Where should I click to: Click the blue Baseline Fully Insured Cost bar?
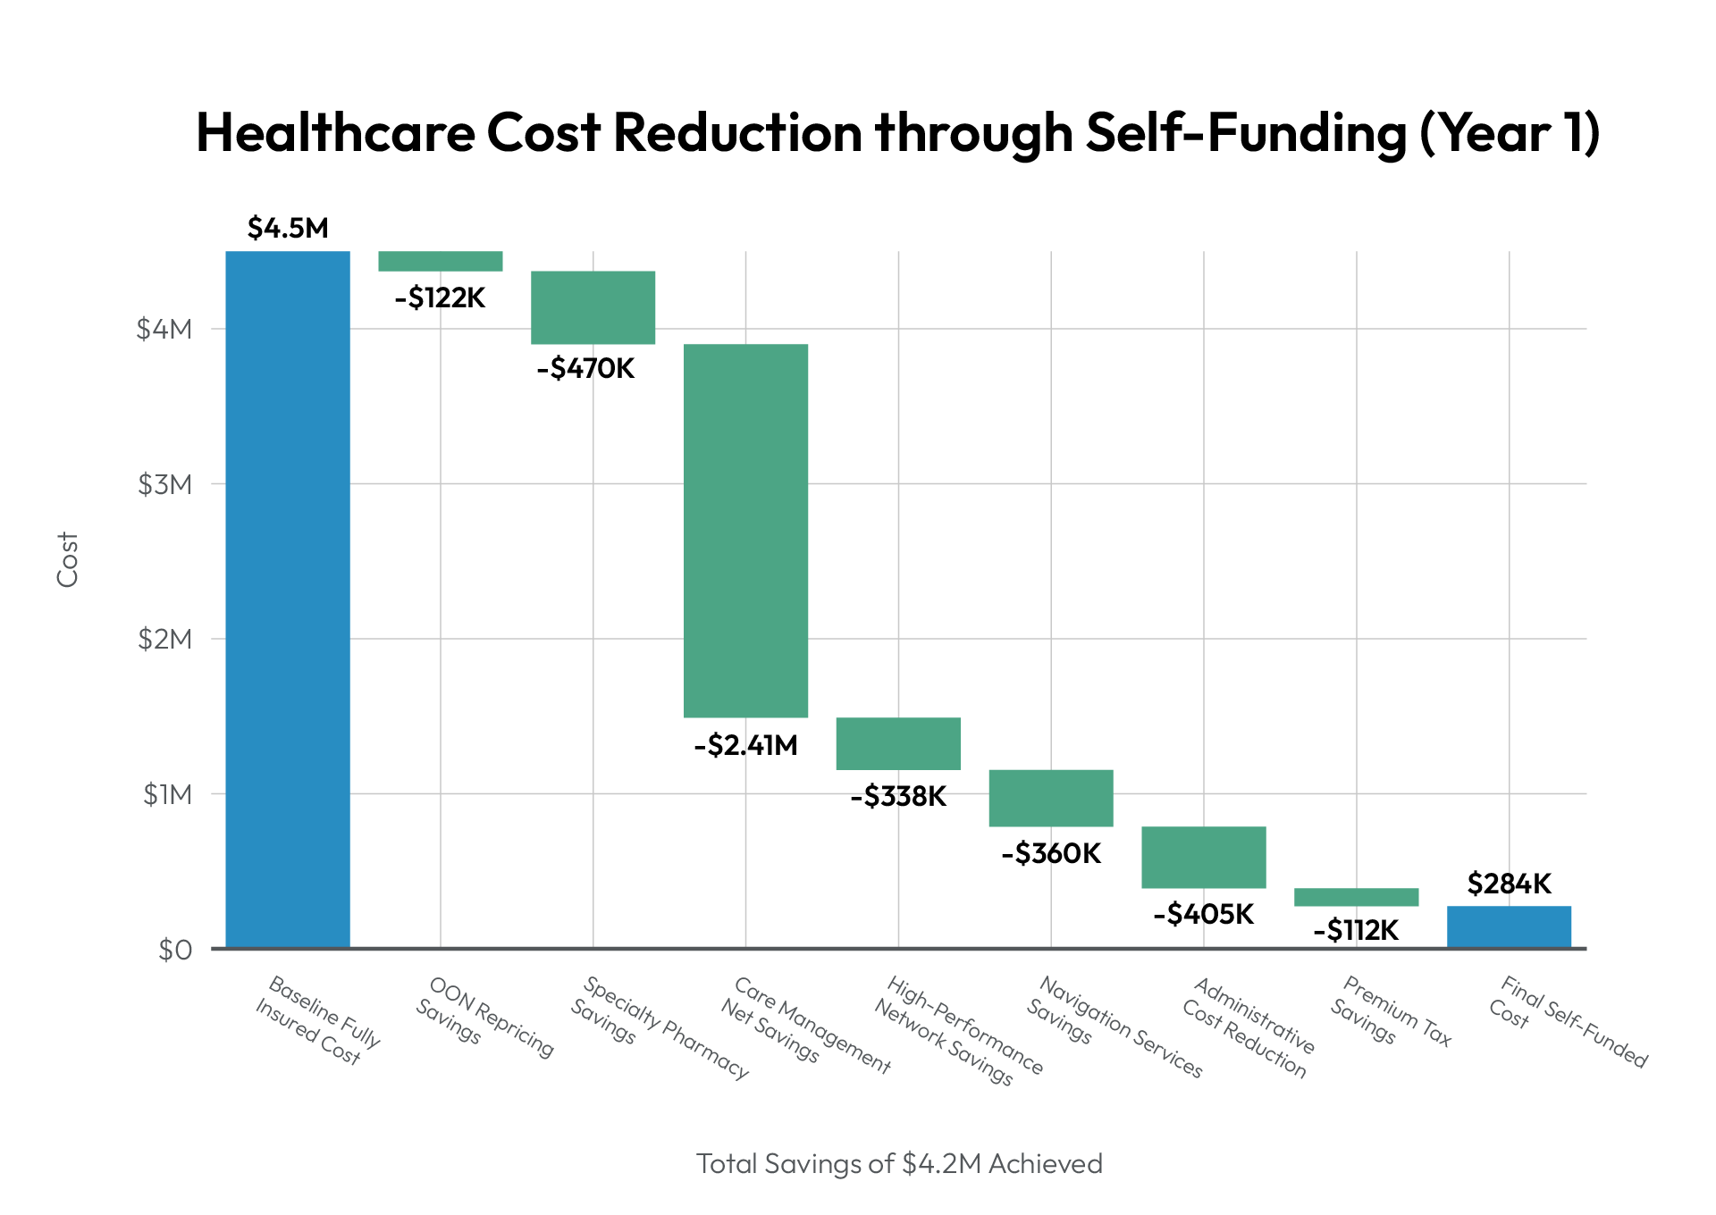[x=287, y=599]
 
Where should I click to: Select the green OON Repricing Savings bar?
[x=440, y=261]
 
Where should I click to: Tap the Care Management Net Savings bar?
[x=745, y=530]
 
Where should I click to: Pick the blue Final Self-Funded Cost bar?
[x=1509, y=926]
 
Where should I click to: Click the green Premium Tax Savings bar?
[x=1356, y=897]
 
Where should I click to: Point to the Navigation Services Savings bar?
[x=1051, y=798]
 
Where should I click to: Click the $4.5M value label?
[x=288, y=229]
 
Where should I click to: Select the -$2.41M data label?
[x=745, y=745]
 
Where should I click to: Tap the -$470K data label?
[x=585, y=368]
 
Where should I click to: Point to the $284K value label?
[x=1509, y=884]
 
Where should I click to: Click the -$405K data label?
[x=1203, y=914]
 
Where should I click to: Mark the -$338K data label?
[x=897, y=796]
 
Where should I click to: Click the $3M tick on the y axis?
[x=164, y=484]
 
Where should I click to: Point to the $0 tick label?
[x=174, y=950]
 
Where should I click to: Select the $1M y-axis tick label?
[x=167, y=794]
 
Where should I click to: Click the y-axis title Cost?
[x=68, y=559]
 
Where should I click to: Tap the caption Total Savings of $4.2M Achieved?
[x=899, y=1163]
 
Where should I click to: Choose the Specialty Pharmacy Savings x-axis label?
[x=660, y=1027]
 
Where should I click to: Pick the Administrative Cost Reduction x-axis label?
[x=1248, y=1027]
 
